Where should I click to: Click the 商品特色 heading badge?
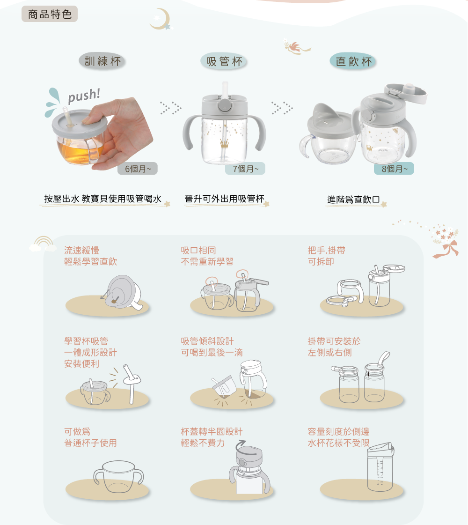[x=50, y=14]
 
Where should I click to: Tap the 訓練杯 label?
[x=102, y=61]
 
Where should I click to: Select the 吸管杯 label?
[x=224, y=62]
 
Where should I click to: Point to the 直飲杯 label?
[x=353, y=61]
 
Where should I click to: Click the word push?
[x=84, y=96]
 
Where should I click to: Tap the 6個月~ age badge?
[x=138, y=169]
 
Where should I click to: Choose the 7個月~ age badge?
[x=245, y=169]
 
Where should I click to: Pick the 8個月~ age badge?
[x=394, y=169]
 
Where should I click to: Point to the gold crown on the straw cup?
[x=224, y=144]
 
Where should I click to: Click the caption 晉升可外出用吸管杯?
[x=225, y=199]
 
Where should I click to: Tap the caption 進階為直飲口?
[x=353, y=200]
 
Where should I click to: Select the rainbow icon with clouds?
[x=43, y=244]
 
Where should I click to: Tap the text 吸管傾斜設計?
[x=207, y=341]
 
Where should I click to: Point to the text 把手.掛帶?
[x=327, y=251]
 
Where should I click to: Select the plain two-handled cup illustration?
[x=118, y=477]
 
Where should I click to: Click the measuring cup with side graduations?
[x=380, y=467]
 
